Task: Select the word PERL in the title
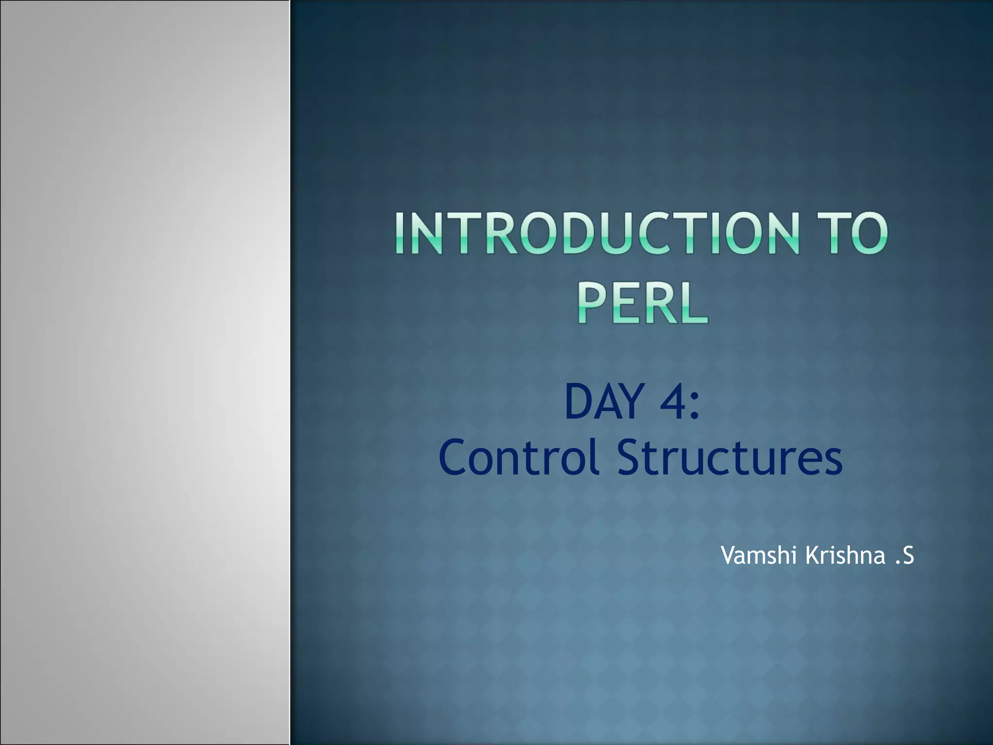pos(642,304)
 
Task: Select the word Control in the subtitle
pos(519,458)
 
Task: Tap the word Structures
pos(730,458)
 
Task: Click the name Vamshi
pos(759,555)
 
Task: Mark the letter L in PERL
pos(694,304)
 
